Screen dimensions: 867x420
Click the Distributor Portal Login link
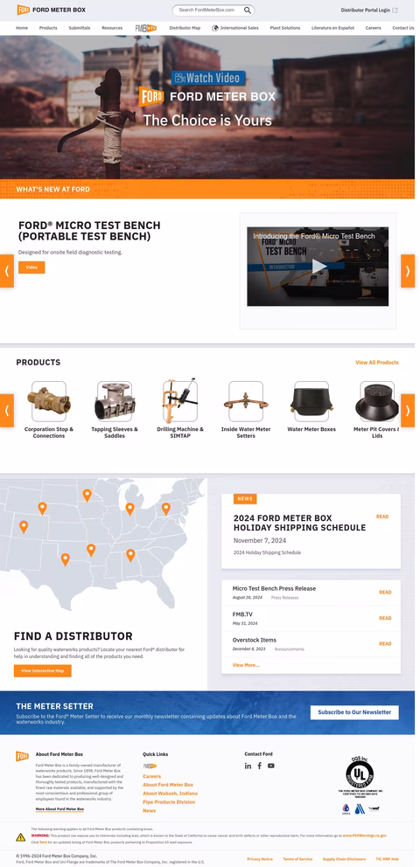click(366, 10)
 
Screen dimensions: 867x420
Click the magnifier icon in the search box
click(248, 10)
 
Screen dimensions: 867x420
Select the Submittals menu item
click(79, 28)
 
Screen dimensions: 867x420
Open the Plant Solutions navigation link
click(285, 28)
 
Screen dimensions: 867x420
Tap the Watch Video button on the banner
click(208, 78)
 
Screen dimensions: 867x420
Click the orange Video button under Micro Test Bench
click(31, 267)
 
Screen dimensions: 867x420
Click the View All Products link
click(376, 362)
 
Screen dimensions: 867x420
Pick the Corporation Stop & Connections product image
click(49, 401)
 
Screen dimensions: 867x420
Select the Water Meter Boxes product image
click(311, 401)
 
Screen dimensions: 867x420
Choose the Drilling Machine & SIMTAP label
click(180, 432)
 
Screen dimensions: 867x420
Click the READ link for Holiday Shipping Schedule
click(382, 517)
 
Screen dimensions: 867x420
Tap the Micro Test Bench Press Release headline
click(274, 588)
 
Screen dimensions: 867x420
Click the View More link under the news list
click(246, 665)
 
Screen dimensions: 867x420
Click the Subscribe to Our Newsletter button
click(354, 712)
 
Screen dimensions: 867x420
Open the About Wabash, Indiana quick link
click(170, 794)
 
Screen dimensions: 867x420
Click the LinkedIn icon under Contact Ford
click(248, 766)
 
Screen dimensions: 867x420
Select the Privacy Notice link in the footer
click(260, 859)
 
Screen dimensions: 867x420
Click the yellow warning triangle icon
click(21, 837)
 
